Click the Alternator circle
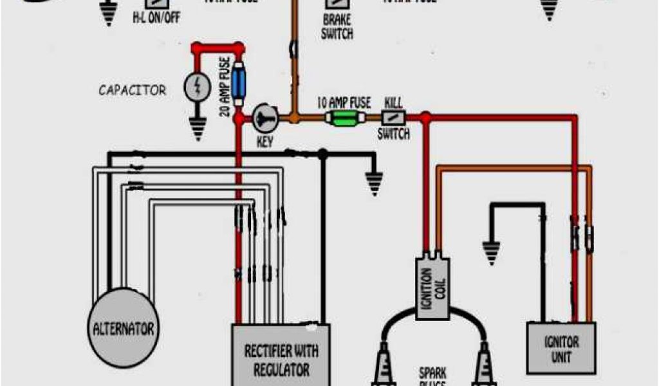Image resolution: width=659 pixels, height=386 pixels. (122, 329)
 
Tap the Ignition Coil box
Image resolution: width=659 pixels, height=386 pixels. (432, 288)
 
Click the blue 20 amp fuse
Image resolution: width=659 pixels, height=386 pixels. (239, 82)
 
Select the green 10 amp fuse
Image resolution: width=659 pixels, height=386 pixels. (344, 118)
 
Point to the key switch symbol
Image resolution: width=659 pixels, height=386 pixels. (264, 117)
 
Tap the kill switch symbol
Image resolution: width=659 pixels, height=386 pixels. (393, 118)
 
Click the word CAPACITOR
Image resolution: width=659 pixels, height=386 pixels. (132, 90)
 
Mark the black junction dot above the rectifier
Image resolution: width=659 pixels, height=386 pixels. (322, 154)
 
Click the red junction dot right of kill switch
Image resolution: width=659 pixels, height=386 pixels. (425, 118)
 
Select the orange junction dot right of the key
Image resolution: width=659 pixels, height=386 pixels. (293, 118)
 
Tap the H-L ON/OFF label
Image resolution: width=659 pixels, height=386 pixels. (156, 17)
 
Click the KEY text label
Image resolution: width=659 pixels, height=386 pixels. (265, 141)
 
